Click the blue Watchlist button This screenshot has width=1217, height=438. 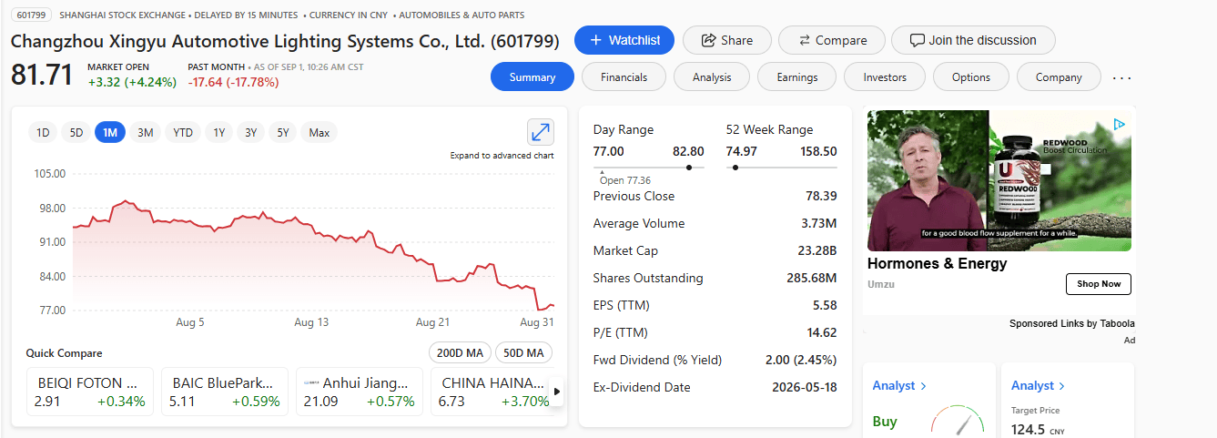[x=624, y=40]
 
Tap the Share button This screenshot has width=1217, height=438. [x=727, y=40]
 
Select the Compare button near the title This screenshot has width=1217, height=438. [x=832, y=40]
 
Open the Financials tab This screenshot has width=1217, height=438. [x=624, y=77]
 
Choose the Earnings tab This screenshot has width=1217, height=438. [x=797, y=77]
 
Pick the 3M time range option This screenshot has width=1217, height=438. [x=145, y=133]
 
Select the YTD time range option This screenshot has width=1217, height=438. [x=183, y=133]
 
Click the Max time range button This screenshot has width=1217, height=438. [x=319, y=133]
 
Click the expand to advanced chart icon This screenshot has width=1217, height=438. [x=541, y=132]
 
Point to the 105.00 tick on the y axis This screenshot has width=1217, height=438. [x=49, y=174]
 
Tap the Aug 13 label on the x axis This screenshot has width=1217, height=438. [x=311, y=322]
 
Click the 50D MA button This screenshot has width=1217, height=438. [x=523, y=353]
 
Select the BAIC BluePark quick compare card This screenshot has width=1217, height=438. [x=224, y=392]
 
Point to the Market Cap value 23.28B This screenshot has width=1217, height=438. [x=816, y=250]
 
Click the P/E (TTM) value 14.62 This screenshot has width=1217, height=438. [x=821, y=332]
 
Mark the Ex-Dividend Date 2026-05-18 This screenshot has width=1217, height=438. [x=804, y=388]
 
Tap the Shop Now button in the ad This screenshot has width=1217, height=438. [x=1099, y=284]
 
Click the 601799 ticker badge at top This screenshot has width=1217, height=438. [x=31, y=15]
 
